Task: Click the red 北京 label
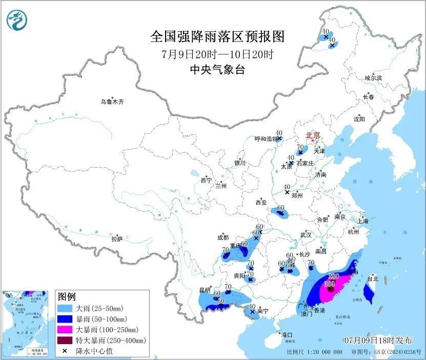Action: tap(312, 135)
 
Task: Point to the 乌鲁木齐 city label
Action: tap(112, 102)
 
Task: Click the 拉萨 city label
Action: tap(117, 239)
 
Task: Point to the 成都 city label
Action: tap(223, 237)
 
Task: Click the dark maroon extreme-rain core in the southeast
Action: tap(331, 290)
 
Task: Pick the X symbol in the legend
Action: tap(65, 351)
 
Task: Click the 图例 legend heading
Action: tap(67, 297)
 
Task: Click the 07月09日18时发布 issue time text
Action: tap(378, 340)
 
